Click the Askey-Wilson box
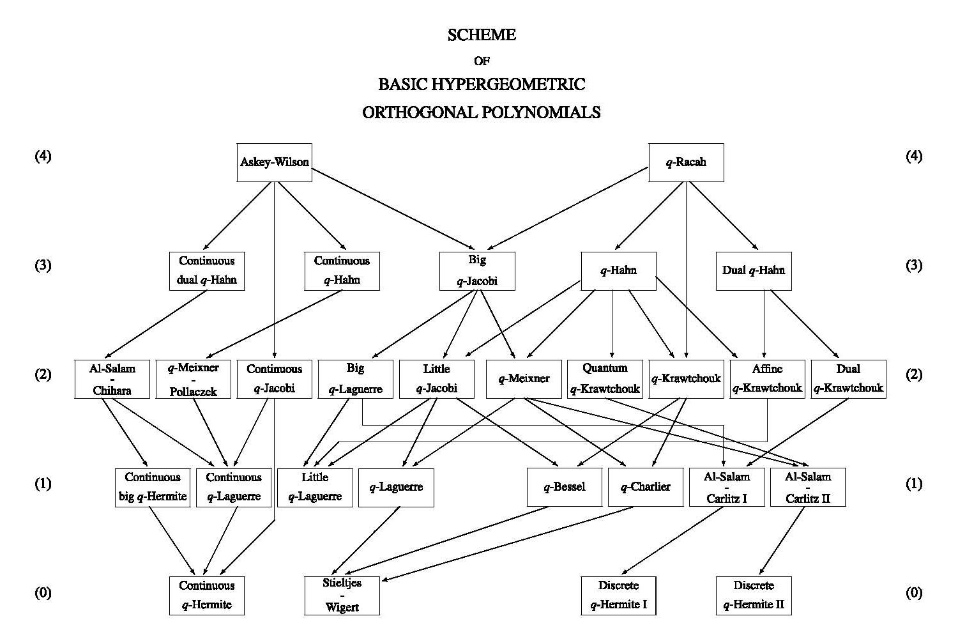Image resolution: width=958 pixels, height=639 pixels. coord(274,162)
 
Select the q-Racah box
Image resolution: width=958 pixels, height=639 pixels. coord(686,162)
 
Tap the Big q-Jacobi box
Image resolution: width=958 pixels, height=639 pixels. coord(477,271)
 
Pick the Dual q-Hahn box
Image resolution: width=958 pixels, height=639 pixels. coord(754,271)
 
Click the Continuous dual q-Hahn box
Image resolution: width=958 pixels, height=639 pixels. coord(207,271)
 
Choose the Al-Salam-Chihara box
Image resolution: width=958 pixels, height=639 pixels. coord(112,379)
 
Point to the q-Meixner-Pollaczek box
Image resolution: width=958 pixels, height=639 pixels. coord(194,379)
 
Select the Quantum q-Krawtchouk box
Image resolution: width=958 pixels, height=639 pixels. coord(605,379)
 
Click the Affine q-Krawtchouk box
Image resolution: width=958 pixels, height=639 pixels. coord(767,379)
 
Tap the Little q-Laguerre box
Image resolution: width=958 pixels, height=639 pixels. coord(315,487)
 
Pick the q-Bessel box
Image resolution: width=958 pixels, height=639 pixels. coord(565,487)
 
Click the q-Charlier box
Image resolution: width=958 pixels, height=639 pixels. coord(646,487)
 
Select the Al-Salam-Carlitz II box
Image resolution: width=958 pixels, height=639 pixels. coord(808,487)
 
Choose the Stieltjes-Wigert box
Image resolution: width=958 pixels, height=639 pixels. coord(342,596)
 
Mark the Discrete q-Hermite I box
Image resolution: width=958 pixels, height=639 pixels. coord(619,596)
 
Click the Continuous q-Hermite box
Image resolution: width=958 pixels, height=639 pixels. coord(207,596)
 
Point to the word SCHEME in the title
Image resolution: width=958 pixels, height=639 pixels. coord(482,35)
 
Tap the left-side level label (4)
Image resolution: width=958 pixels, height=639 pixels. coord(43,156)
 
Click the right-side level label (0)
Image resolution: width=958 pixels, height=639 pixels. coord(914,593)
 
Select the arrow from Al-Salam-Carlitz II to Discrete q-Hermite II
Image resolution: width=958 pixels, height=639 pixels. coord(782,541)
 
